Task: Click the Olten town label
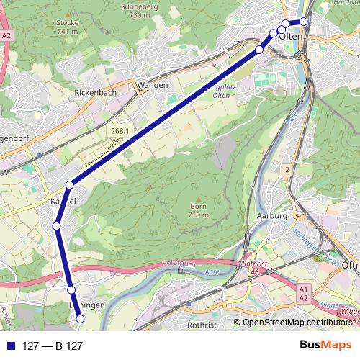pos(289,37)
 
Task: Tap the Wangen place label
pos(153,85)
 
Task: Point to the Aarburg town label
pos(272,216)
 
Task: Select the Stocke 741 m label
pos(67,27)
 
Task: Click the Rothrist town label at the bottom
pos(202,324)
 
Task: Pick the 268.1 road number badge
pos(120,131)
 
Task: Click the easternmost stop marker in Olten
pos(304,22)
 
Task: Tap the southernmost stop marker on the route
pos(80,318)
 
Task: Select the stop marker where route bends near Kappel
pos(70,185)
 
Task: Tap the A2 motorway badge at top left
pos(6,35)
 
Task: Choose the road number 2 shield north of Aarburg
pos(287,168)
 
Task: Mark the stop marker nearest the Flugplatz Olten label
pos(259,50)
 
